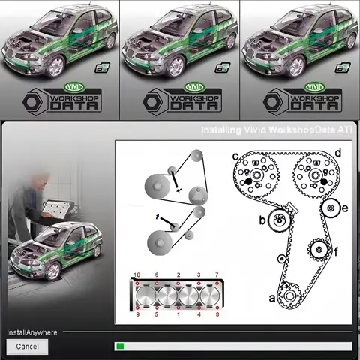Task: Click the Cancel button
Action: [x=27, y=346]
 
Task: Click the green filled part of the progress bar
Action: [x=119, y=346]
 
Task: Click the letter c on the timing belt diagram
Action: [x=235, y=157]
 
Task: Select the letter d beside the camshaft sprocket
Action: [x=339, y=154]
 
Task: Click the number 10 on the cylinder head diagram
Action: [x=136, y=275]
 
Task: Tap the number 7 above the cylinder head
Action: [x=217, y=275]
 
